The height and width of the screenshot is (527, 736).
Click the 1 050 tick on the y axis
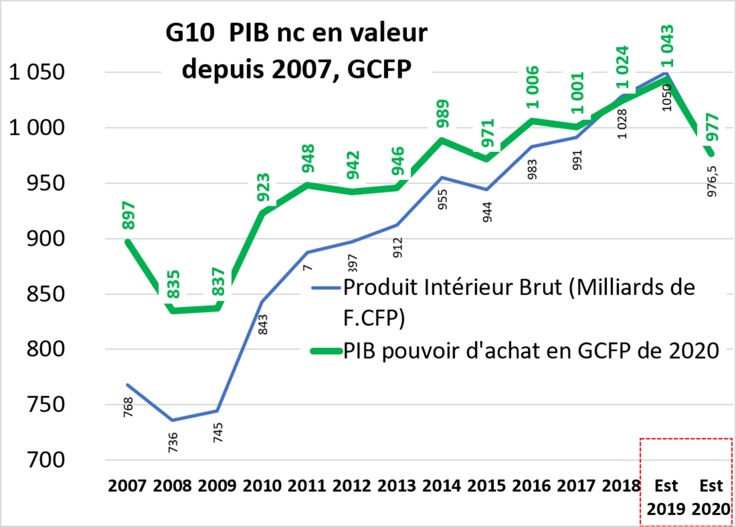pos(36,72)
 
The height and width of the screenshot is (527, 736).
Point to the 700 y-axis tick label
pos(45,460)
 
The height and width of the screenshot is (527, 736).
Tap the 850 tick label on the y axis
pos(45,294)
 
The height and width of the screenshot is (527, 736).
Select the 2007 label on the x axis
pos(127,486)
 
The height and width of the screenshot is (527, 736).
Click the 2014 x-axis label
pos(442,486)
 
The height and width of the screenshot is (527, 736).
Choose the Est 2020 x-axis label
pos(711,497)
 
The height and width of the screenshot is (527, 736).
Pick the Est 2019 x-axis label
pos(666,497)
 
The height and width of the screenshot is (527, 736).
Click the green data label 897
pos(128,215)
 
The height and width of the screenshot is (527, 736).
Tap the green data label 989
pos(443,114)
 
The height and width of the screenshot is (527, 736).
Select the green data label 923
pos(263,187)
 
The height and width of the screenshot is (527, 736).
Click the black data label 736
pos(173,443)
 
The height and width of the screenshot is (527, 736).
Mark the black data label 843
pos(263,325)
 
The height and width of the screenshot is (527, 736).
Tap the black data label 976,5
pos(712,182)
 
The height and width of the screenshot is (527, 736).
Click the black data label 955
pos(442,200)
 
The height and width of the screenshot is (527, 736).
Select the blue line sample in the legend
pos(326,288)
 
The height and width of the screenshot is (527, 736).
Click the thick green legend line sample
pos(326,351)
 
